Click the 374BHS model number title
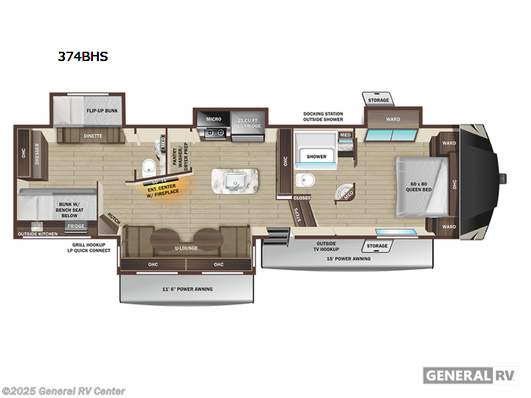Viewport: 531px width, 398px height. [82, 57]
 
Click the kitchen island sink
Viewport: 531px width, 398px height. [235, 180]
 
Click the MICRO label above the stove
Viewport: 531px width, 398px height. [213, 119]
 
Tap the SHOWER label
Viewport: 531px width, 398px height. [316, 157]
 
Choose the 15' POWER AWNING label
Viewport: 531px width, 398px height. [348, 259]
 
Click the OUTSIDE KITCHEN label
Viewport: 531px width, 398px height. [38, 234]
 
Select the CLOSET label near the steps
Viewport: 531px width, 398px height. [301, 198]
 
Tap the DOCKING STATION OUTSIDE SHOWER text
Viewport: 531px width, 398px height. [323, 117]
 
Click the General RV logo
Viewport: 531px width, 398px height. [470, 375]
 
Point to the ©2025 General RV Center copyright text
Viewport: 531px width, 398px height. [64, 391]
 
